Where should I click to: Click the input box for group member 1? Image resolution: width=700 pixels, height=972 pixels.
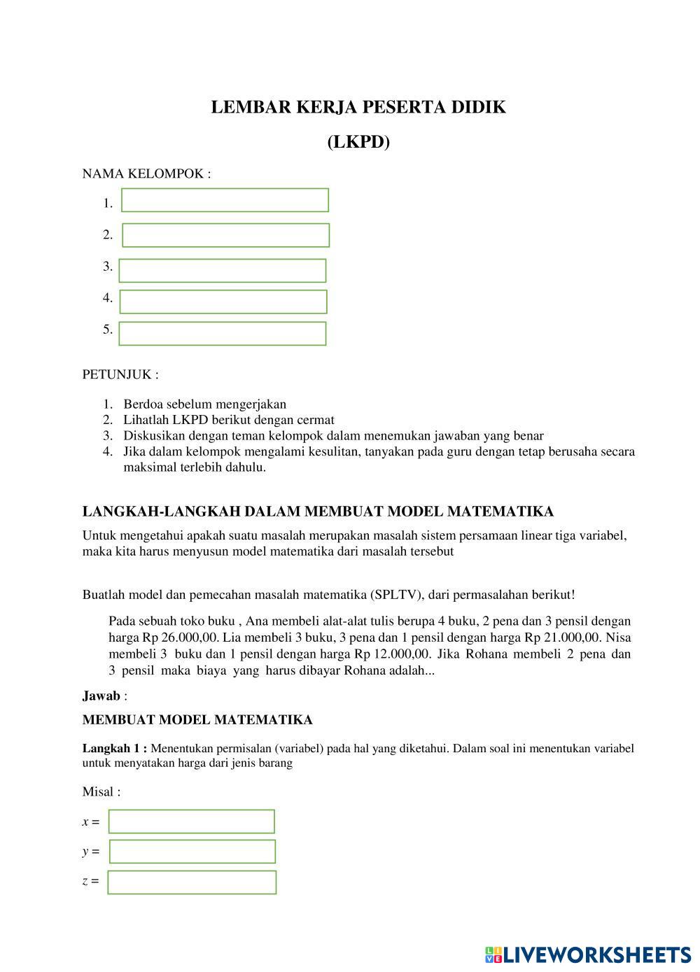click(x=225, y=200)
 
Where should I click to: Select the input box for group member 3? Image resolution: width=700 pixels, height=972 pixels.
click(x=223, y=270)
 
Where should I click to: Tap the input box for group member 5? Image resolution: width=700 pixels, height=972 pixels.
click(x=223, y=333)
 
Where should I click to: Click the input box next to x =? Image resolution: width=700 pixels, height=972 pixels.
click(x=192, y=822)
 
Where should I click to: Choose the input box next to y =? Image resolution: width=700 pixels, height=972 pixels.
click(x=192, y=852)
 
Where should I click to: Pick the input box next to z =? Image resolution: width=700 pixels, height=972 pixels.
click(x=192, y=882)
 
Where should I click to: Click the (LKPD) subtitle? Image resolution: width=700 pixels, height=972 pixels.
click(x=358, y=142)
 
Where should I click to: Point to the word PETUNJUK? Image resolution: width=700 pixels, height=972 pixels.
click(x=117, y=374)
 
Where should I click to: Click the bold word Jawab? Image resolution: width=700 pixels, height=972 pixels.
click(x=101, y=696)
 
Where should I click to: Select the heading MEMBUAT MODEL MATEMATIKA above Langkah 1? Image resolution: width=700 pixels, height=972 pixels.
click(x=197, y=720)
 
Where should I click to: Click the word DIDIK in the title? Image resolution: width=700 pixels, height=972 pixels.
click(x=479, y=107)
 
